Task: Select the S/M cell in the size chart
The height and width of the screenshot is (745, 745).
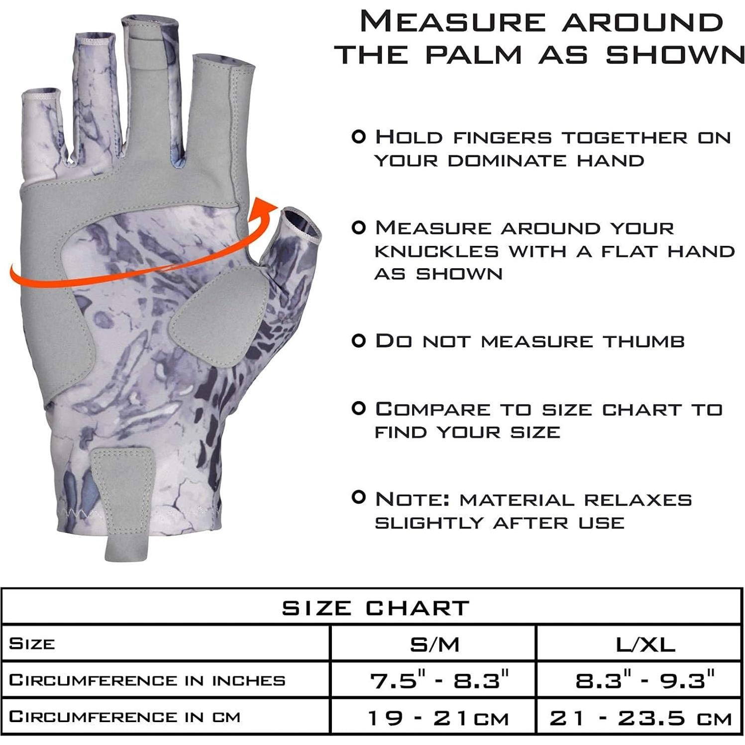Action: pos(433,643)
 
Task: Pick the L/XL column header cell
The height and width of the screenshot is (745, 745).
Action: pos(639,643)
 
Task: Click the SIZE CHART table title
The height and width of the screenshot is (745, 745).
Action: pos(376,607)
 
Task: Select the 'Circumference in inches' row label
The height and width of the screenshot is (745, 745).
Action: pos(147,680)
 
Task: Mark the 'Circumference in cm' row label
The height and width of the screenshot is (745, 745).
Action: pos(124,716)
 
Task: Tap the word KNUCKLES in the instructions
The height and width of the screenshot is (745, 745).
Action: pos(436,251)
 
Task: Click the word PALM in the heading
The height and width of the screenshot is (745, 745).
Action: pos(473,54)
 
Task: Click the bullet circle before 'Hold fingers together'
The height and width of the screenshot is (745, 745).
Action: pos(358,136)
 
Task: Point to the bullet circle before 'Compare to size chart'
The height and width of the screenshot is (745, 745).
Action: pos(358,409)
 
